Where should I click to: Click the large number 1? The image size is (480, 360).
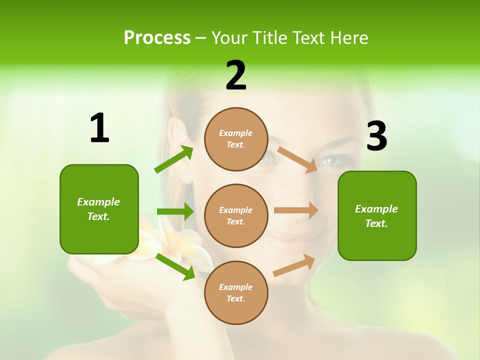point(99,128)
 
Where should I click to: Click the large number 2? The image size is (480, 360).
point(236,76)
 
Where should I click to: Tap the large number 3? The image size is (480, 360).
point(377,136)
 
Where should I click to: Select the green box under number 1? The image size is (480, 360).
point(99,209)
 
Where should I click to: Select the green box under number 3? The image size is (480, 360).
point(377,215)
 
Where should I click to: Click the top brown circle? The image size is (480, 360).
point(236,139)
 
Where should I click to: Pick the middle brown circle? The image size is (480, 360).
point(236,215)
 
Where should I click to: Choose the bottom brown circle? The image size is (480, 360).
point(236,292)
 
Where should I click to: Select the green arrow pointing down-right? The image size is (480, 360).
point(175,266)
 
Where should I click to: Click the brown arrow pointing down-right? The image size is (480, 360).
point(297,159)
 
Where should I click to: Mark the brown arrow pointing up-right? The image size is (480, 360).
point(294,265)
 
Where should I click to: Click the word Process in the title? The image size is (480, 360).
point(157,37)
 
